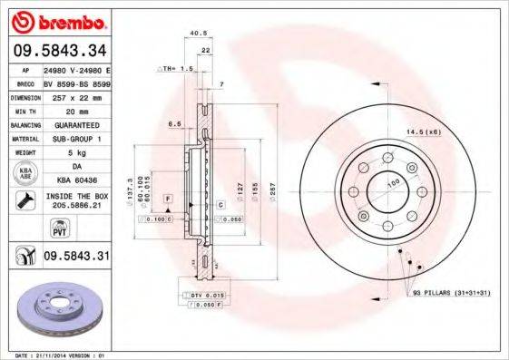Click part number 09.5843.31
76,257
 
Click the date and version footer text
56,354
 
